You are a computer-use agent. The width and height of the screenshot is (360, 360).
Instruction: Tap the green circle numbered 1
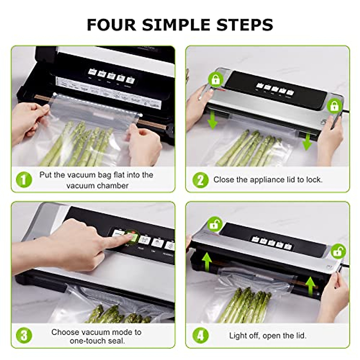[x=24, y=180]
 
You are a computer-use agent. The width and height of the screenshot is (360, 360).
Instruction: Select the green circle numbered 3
[x=24, y=335]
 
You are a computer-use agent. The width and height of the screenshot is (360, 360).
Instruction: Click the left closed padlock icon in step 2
[x=215, y=80]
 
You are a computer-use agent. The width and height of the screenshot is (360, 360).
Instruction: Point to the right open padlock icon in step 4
[x=338, y=251]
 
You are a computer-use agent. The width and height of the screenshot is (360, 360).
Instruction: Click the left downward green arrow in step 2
[x=213, y=120]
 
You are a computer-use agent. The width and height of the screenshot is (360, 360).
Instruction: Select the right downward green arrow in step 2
[x=307, y=142]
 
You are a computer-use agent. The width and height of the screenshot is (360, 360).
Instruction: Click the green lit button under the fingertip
[x=132, y=238]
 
